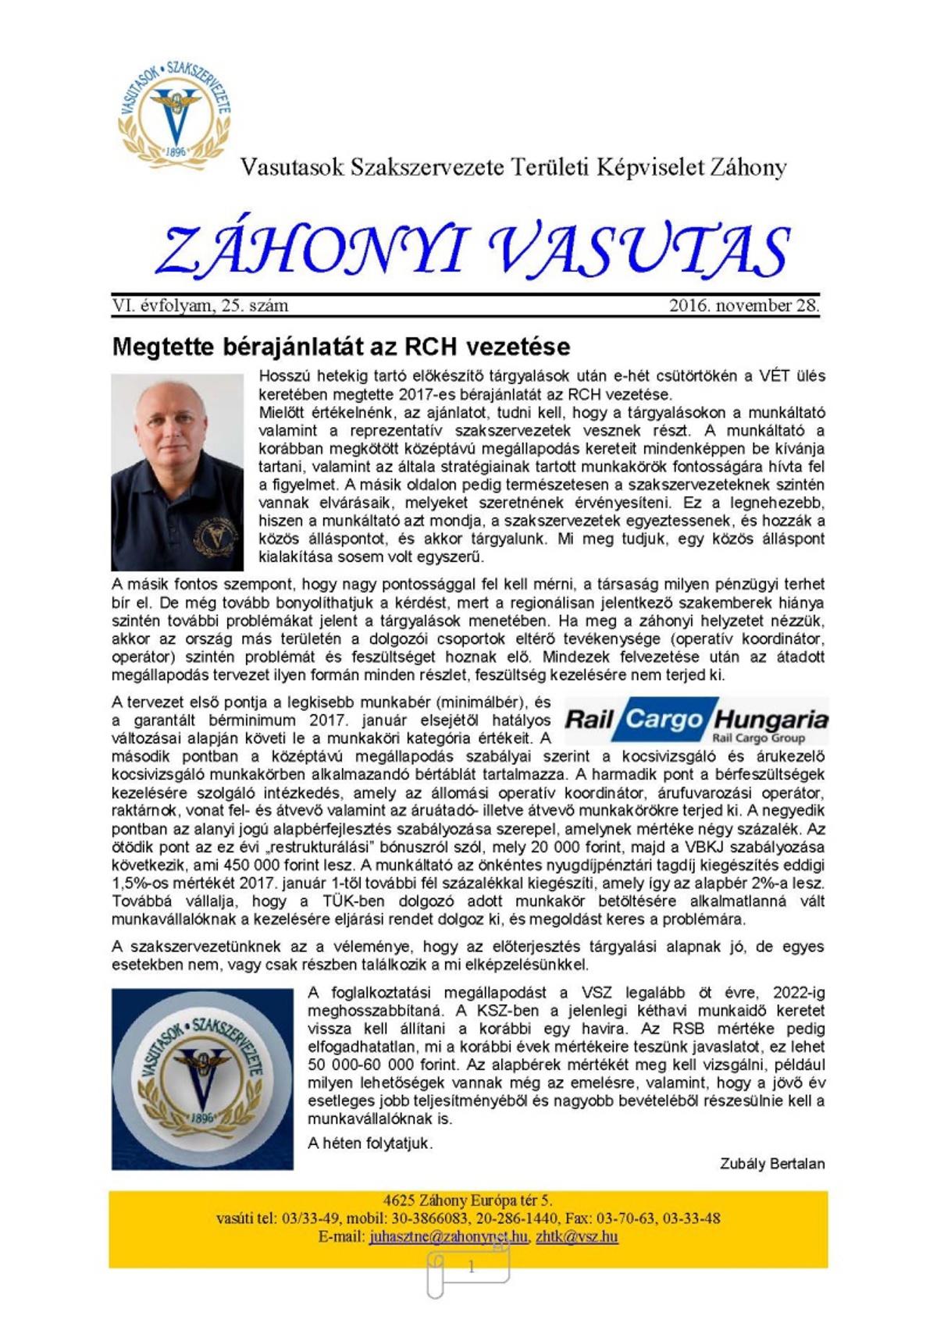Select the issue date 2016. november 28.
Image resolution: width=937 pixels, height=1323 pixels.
coord(744,306)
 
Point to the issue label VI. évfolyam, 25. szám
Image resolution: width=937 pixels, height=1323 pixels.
coord(200,306)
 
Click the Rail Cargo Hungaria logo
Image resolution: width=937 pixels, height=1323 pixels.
coord(695,719)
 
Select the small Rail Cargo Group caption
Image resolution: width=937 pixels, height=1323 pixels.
coord(757,738)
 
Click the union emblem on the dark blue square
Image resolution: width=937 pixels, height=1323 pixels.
coord(202,1079)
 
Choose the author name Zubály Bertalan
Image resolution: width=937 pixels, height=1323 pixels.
coord(771,1164)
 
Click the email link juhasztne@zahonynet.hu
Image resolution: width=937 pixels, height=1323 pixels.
coord(449,1236)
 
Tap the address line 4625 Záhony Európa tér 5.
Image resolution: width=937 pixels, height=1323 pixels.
coord(467,1200)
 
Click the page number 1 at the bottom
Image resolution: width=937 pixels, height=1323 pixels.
coord(471,1268)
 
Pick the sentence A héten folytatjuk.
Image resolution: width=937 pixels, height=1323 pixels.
coord(370,1143)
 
